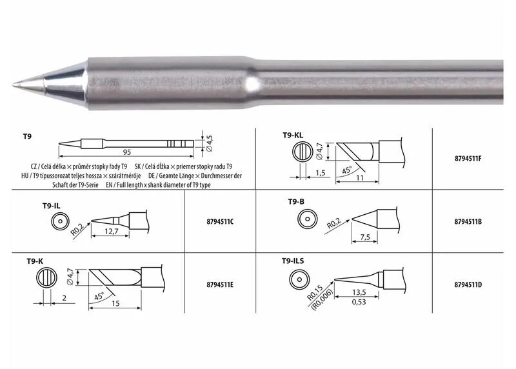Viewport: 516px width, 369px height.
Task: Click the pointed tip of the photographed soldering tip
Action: click(x=14, y=86)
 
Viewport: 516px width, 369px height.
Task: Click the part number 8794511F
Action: click(x=468, y=158)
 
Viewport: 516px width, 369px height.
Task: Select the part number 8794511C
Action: click(x=220, y=221)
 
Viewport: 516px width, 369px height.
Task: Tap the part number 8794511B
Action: click(x=468, y=221)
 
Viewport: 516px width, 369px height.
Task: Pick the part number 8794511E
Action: click(x=220, y=284)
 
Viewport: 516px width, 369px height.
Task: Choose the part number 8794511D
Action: click(x=468, y=284)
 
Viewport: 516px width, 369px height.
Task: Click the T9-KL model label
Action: click(x=293, y=135)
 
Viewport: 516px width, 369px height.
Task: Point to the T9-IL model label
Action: click(x=52, y=206)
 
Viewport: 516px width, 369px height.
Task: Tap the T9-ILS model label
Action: click(x=293, y=261)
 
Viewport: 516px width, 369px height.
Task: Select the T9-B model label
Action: click(x=296, y=201)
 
